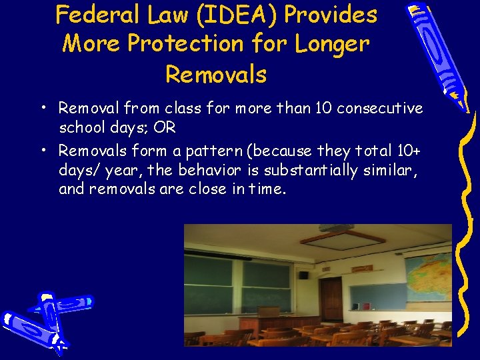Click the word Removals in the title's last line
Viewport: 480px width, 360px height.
pyautogui.click(x=215, y=74)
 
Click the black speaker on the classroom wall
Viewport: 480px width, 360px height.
pyautogui.click(x=303, y=274)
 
